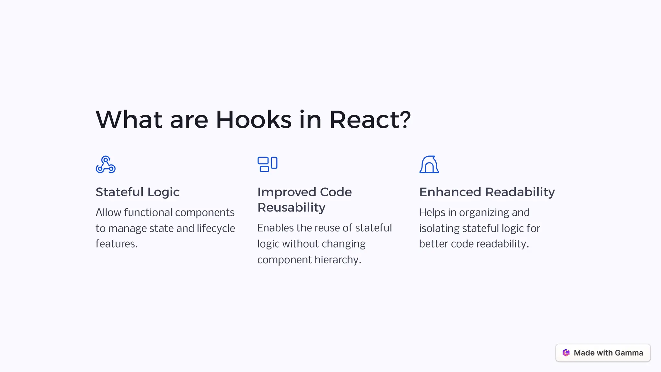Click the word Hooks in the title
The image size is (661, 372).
[x=253, y=120]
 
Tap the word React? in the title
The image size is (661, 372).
[x=370, y=120]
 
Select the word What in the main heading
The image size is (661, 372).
[x=129, y=120]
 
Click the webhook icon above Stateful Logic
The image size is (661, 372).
[x=106, y=164]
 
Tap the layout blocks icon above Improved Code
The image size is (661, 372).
[x=267, y=164]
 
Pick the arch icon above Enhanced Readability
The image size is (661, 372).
[x=429, y=164]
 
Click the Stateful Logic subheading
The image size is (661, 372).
[x=137, y=192]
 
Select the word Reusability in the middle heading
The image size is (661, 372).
[x=291, y=208]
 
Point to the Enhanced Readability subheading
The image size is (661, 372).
[x=487, y=192]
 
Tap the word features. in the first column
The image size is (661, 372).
[x=117, y=244]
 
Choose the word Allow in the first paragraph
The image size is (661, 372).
[x=108, y=213]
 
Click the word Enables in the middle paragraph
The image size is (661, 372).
[x=275, y=228]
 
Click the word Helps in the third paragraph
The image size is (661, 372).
[x=432, y=213]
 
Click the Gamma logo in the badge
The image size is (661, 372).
[x=566, y=353]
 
